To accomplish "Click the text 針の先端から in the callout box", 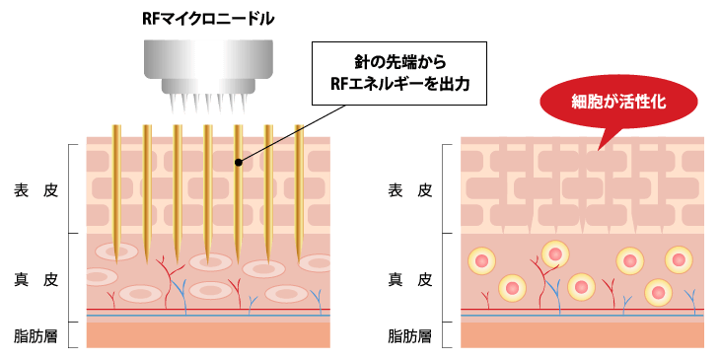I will [x=399, y=61].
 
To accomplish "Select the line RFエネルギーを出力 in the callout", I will [x=399, y=86].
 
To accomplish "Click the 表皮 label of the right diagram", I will [x=410, y=190].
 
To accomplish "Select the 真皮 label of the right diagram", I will [x=410, y=278].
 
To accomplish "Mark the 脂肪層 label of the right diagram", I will [x=410, y=335].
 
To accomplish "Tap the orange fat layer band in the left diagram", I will [x=207, y=335].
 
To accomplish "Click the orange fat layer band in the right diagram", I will [x=582, y=335].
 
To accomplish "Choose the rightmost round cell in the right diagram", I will [x=678, y=260].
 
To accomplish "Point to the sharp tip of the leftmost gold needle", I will [x=117, y=259].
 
